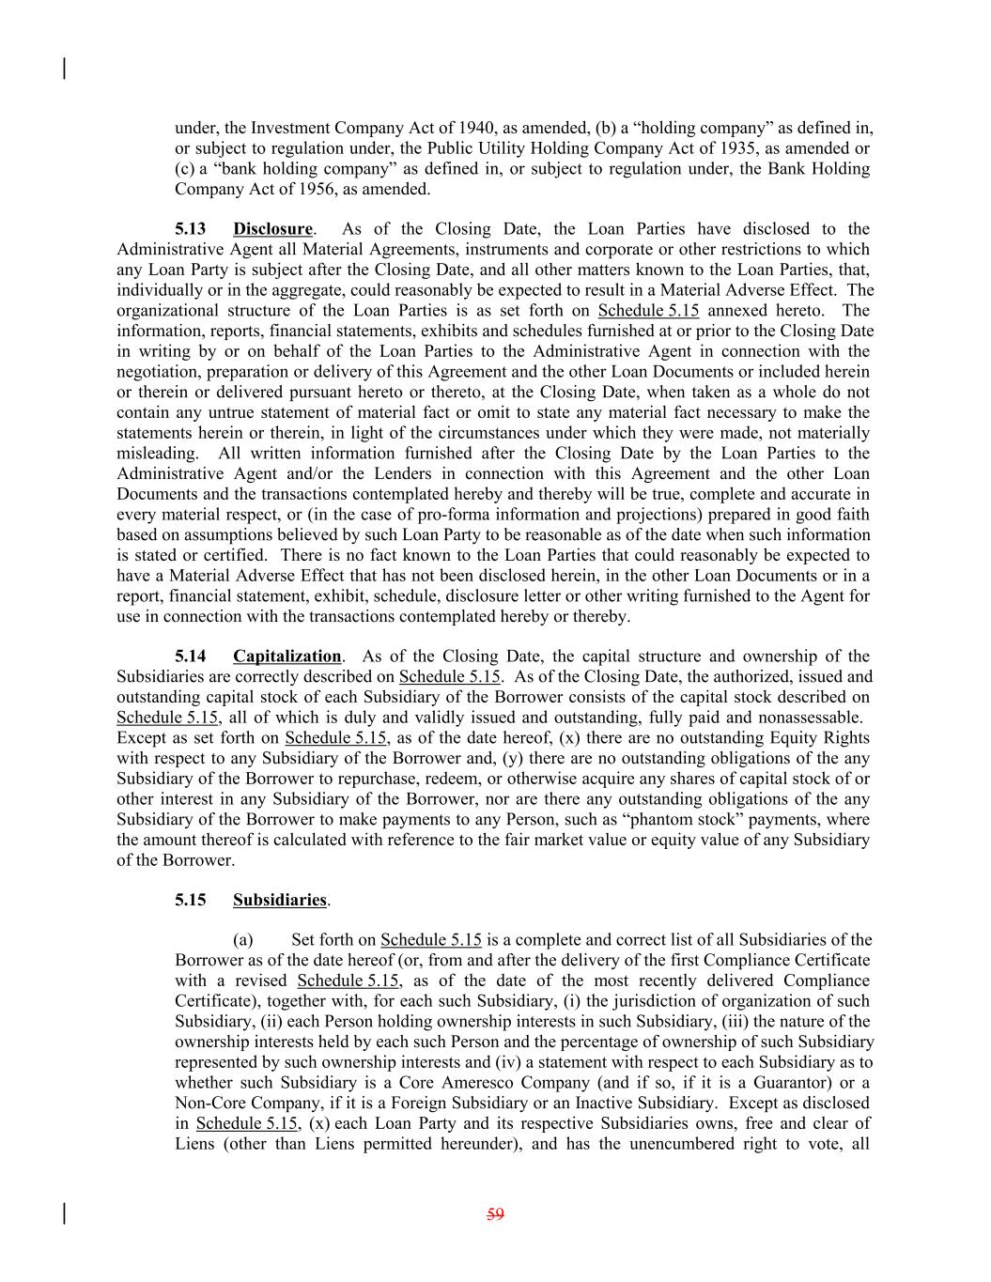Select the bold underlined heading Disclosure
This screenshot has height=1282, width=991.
point(272,229)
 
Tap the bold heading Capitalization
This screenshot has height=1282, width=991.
point(286,656)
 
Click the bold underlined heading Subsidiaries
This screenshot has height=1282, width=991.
point(279,900)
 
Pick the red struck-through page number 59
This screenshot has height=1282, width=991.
point(495,1214)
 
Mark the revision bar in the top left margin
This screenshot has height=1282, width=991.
point(64,69)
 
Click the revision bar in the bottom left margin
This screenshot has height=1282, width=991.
point(64,1213)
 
